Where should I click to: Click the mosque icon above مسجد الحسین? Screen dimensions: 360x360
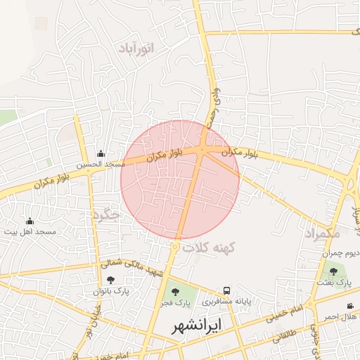(101, 153)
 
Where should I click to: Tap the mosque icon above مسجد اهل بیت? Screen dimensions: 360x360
(29, 221)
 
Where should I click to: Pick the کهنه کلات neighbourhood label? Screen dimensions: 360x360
(210, 247)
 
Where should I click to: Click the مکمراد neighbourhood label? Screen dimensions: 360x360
(323, 232)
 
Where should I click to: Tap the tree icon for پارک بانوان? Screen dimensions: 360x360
(110, 281)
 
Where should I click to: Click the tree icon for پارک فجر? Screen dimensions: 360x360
(174, 292)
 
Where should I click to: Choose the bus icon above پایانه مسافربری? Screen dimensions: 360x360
(226, 290)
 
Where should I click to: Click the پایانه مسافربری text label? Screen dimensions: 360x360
(227, 302)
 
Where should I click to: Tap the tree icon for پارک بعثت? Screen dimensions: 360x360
(333, 271)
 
